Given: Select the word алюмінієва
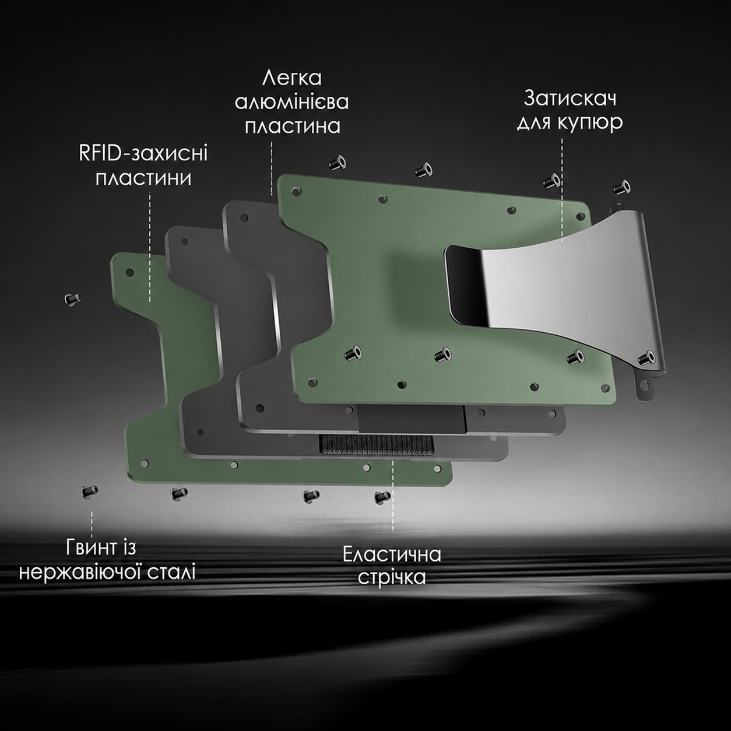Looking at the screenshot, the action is pyautogui.click(x=291, y=102).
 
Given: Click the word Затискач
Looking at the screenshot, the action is pyautogui.click(x=570, y=99).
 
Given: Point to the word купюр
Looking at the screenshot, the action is pyautogui.click(x=591, y=122).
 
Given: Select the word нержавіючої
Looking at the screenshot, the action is pyautogui.click(x=78, y=572).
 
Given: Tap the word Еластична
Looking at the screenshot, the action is pyautogui.click(x=392, y=554).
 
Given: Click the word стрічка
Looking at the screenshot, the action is pyautogui.click(x=392, y=578).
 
